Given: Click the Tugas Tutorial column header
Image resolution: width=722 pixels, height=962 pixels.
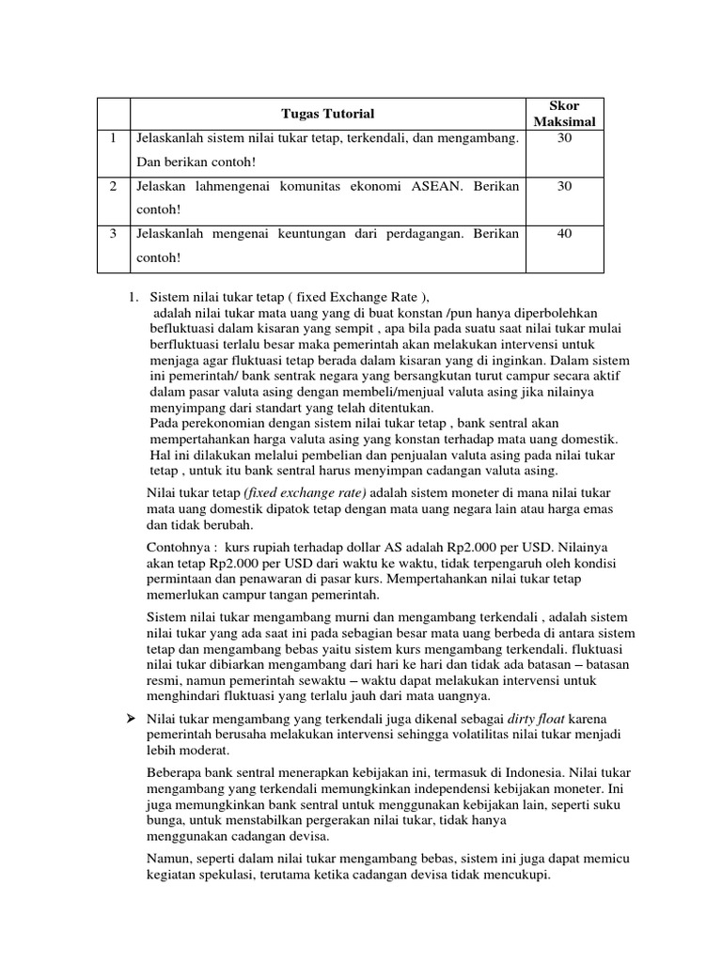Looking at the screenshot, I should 328,114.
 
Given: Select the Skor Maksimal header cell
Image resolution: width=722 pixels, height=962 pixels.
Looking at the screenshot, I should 564,114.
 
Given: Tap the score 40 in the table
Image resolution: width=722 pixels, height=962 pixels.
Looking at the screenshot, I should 564,233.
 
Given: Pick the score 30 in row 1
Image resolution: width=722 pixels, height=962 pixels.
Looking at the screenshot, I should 564,138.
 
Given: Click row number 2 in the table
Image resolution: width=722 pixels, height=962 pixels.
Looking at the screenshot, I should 113,186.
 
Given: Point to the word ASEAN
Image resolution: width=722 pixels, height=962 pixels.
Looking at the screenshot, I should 438,186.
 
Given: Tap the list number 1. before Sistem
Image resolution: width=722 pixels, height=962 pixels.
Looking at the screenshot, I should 133,297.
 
